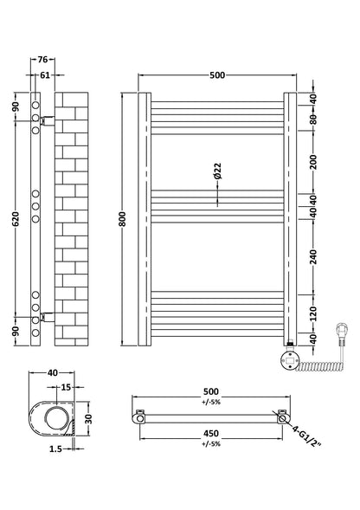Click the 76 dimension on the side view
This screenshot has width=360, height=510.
pos(43,61)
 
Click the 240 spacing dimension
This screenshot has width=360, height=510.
pos(314,256)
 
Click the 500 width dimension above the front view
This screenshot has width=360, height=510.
pos(216,75)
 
